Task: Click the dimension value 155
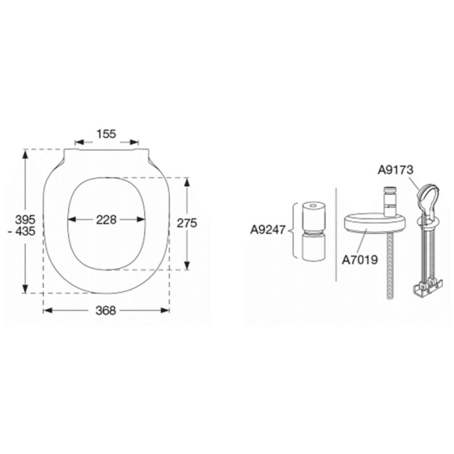(106, 134)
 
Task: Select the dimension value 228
(106, 219)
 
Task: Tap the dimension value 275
(187, 222)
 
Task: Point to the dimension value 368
(106, 311)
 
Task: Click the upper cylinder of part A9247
(315, 211)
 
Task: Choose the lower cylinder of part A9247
(315, 246)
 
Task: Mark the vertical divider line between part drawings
(336, 233)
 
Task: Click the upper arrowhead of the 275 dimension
(187, 182)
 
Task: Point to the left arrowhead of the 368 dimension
(47, 311)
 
